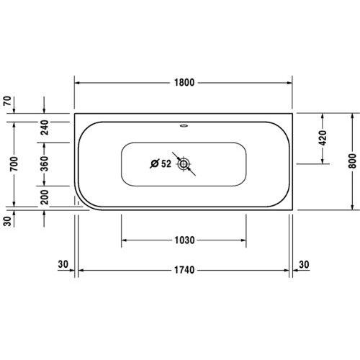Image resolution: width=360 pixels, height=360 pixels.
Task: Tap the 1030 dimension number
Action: pos(184,240)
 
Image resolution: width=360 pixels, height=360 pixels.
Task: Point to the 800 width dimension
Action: pos(352,161)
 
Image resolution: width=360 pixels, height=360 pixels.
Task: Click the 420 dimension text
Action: pos(322,138)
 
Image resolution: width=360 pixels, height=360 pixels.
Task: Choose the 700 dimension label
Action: pos(7,164)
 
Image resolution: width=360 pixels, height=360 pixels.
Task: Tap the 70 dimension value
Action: pos(7,102)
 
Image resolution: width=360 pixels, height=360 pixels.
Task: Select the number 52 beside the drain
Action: pos(166,164)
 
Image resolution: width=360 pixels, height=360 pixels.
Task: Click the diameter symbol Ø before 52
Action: pos(154,164)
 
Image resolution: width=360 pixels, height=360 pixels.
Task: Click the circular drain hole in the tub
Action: pos(185,164)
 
